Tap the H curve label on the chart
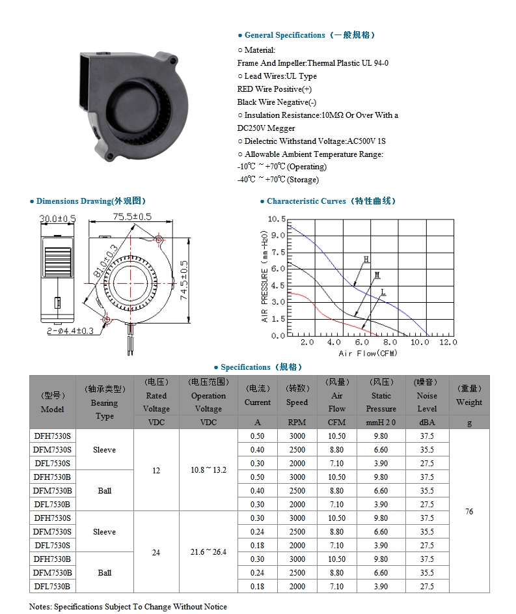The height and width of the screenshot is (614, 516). click(x=366, y=259)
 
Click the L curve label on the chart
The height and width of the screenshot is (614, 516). click(x=383, y=292)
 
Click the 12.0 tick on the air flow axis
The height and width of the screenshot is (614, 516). click(x=448, y=342)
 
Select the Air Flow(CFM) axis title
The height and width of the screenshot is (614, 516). click(x=368, y=353)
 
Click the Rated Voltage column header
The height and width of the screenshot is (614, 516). click(x=156, y=396)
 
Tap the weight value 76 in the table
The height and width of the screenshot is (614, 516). click(x=469, y=512)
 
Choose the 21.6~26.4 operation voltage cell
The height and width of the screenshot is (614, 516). click(x=208, y=552)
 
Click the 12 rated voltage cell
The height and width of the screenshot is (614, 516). click(x=156, y=470)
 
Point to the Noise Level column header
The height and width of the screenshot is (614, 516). click(x=427, y=396)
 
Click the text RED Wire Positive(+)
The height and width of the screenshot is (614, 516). click(x=275, y=89)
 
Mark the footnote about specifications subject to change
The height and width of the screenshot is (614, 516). click(x=128, y=606)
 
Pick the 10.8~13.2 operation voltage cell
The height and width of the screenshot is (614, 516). click(x=208, y=470)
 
